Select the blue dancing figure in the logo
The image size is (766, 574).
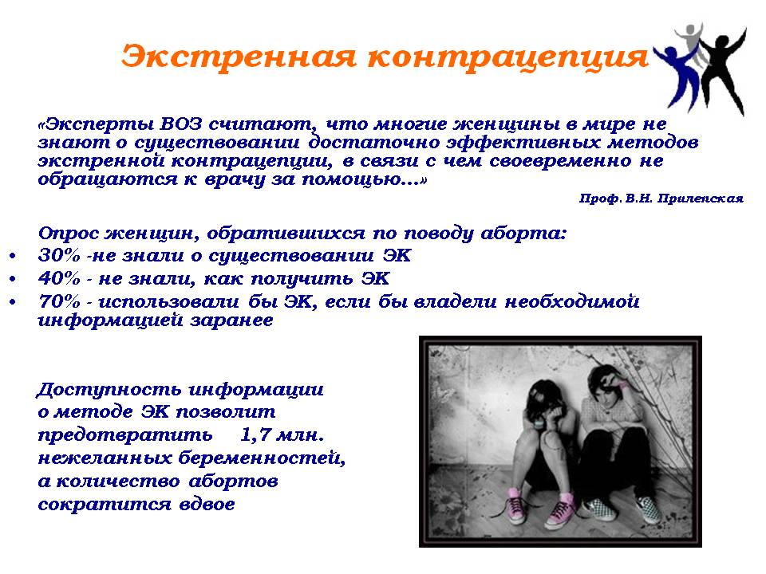pos(677,73)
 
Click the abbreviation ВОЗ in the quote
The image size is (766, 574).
pos(181,124)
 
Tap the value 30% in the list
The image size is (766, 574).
pos(58,255)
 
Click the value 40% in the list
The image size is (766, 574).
pos(58,278)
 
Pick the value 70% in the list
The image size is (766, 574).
pos(58,301)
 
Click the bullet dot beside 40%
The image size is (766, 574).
pos(13,279)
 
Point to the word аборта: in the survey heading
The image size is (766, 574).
pos(523,234)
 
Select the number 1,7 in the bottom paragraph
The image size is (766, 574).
pos(255,435)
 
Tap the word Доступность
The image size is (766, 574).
pos(109,390)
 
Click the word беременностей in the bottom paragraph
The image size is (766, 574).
pos(261,458)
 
